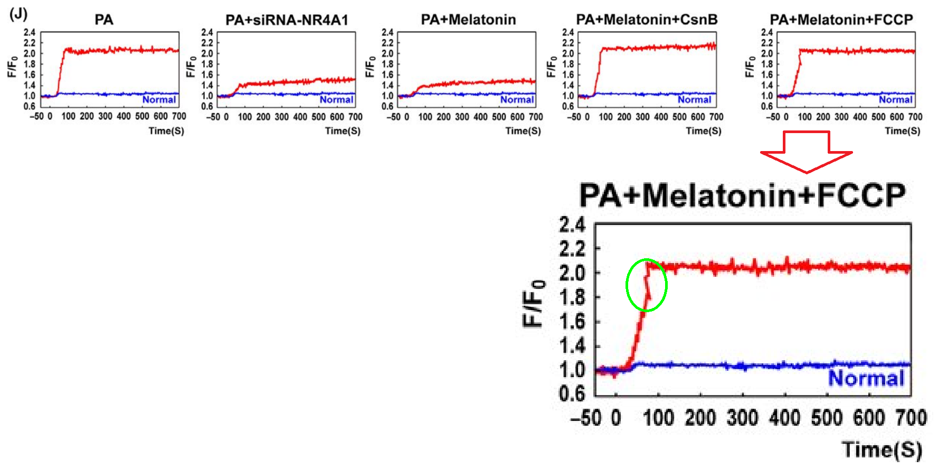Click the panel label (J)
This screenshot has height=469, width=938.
[x=18, y=14]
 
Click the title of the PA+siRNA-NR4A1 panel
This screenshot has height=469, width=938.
[x=287, y=20]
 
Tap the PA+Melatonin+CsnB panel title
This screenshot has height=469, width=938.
[x=647, y=20]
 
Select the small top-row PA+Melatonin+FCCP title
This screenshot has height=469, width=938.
[x=841, y=20]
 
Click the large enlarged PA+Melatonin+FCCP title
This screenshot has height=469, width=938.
[x=742, y=195]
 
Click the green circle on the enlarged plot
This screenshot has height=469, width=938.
[x=647, y=285]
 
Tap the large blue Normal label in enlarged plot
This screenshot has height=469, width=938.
[x=866, y=378]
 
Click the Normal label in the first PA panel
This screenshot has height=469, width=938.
[x=159, y=99]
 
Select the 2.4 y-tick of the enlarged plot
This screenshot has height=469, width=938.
[x=572, y=226]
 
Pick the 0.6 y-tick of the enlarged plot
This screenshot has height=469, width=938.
[x=572, y=393]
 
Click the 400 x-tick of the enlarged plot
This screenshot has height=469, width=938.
[x=784, y=418]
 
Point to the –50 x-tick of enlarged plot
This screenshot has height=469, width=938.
[x=586, y=418]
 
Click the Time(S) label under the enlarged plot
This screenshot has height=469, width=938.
[x=882, y=449]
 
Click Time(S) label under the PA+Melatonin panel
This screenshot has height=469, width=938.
[x=523, y=130]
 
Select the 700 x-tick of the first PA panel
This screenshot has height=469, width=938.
[x=179, y=116]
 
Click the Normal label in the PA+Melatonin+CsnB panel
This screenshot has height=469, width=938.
[x=695, y=99]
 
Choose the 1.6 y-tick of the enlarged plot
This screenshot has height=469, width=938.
[x=572, y=322]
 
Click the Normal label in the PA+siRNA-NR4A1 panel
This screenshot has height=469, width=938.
[x=336, y=99]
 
